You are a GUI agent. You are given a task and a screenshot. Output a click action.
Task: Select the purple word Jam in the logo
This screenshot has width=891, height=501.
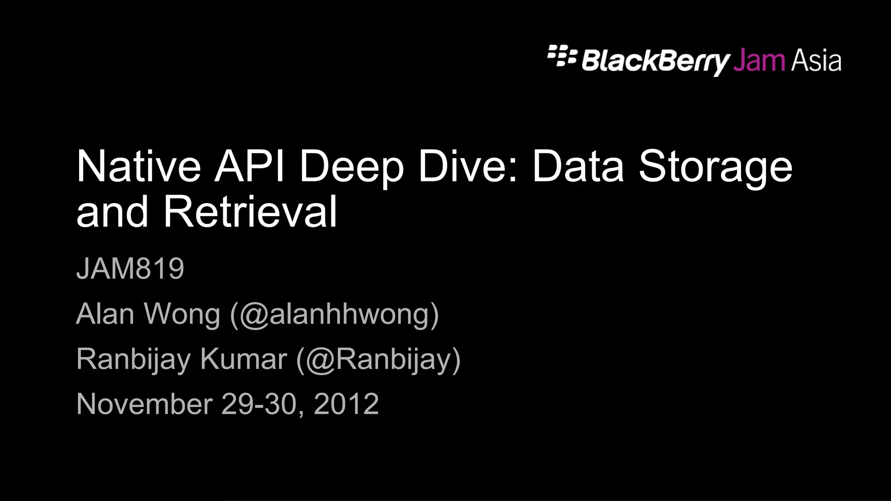[759, 61]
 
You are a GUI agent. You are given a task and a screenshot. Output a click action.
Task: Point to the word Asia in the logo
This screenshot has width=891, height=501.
[816, 61]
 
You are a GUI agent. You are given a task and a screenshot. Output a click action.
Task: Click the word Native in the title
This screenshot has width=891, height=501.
[138, 167]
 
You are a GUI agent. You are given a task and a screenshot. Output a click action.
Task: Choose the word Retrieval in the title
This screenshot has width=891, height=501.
[250, 212]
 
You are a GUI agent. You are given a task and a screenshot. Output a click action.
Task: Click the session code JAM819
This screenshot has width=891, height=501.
[130, 268]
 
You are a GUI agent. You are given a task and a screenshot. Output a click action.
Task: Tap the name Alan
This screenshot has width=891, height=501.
[105, 314]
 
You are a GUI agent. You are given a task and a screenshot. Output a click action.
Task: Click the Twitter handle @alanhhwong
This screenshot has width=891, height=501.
[335, 314]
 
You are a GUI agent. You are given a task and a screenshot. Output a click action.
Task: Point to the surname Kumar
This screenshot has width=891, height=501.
[244, 359]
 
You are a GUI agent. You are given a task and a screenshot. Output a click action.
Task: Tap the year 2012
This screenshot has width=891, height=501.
[346, 404]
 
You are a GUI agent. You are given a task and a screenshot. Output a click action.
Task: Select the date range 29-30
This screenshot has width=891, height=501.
[259, 404]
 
